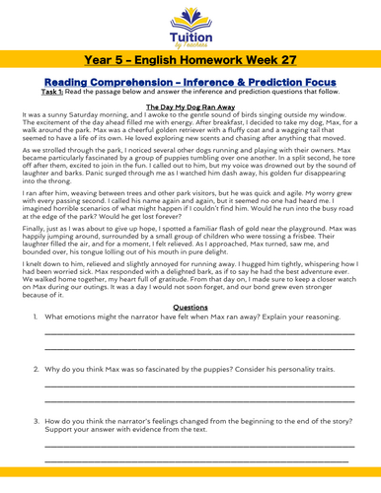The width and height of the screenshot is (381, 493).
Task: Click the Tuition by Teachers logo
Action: pos(190,22)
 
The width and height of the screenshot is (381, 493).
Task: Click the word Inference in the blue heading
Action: pos(235,90)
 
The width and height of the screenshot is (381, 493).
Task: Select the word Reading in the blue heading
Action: pos(60,90)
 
